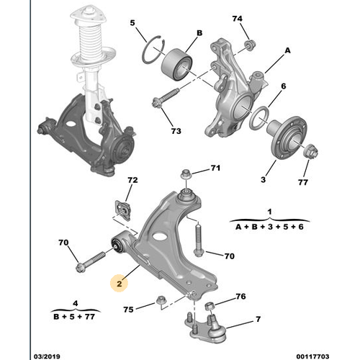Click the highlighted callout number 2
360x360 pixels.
point(120,284)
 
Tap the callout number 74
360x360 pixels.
point(237,19)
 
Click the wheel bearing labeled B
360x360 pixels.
point(176,64)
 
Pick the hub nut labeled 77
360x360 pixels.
point(311,152)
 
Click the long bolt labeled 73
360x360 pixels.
point(166,98)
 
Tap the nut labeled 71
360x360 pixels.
point(186,174)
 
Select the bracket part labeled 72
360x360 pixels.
point(123,210)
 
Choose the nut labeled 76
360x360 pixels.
point(210,306)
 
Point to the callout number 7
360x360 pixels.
point(258,319)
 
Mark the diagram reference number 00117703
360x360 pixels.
point(312,356)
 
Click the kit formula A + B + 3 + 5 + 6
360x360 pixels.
point(269,227)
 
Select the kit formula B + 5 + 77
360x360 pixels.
point(74,317)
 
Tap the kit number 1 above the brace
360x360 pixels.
point(269,212)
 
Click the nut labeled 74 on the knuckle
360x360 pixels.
point(250,45)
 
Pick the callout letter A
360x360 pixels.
point(287,50)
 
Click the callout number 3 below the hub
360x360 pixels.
point(264,179)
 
